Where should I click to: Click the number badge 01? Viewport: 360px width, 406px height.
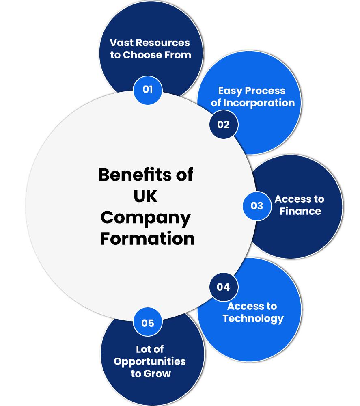click(x=148, y=89)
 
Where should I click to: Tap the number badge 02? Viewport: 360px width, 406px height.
click(x=223, y=125)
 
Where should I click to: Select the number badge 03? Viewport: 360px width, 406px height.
click(x=257, y=206)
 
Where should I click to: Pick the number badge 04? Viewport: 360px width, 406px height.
click(x=223, y=287)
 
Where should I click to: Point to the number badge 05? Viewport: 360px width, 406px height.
click(x=148, y=323)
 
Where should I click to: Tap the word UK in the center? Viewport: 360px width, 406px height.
click(x=146, y=197)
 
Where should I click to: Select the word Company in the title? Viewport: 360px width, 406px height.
click(x=146, y=218)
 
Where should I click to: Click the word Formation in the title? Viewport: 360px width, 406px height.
click(x=147, y=238)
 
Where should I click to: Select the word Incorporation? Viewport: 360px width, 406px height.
click(x=259, y=103)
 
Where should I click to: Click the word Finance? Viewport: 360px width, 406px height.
click(x=300, y=211)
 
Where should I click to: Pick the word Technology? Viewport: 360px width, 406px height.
click(x=253, y=318)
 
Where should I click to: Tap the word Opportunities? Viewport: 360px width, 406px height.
click(x=150, y=362)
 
